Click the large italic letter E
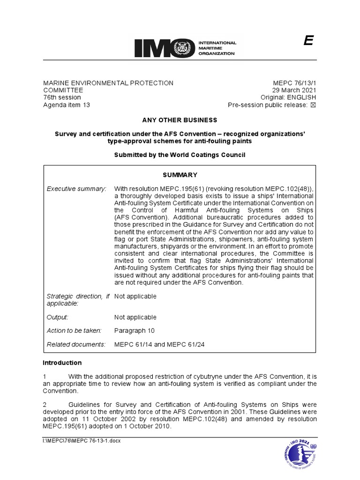coord(308,41)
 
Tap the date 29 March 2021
coord(294,90)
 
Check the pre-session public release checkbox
coord(314,105)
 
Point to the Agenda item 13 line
coord(66,105)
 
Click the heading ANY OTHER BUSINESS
coord(180,120)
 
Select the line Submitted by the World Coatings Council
coord(180,155)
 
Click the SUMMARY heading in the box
coord(180,175)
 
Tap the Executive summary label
coord(76,188)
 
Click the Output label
coord(57,317)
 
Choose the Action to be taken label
coord(74,330)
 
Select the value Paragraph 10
coord(134,330)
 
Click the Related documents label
coord(76,345)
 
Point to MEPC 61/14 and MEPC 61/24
coord(159,345)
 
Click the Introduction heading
coord(62,363)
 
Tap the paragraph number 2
coord(45,405)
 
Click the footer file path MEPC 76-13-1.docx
coord(82,442)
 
